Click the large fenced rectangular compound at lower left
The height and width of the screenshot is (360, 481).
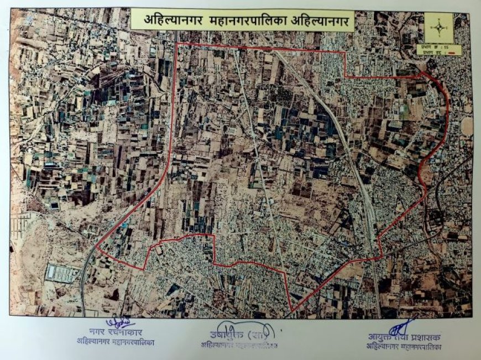[x=62, y=273]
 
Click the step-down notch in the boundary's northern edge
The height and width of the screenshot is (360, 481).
[x=346, y=76]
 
